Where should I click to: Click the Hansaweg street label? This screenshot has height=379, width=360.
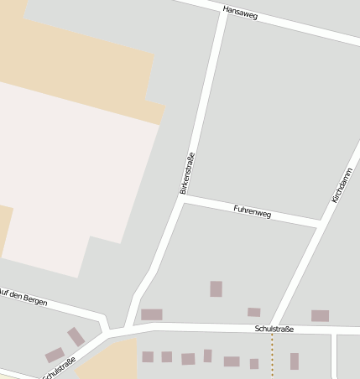pos(241,12)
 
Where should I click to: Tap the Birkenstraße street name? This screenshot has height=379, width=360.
pos(187,174)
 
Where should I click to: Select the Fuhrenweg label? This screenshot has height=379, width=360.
pos(253,214)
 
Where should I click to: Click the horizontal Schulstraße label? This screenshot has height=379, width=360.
pos(274,330)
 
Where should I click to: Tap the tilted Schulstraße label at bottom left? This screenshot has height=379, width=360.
pos(59,367)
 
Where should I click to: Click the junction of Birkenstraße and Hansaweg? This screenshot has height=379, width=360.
pos(224,11)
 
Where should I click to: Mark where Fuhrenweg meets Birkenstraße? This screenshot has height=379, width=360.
pos(184,199)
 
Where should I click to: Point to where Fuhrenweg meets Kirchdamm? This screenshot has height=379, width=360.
pos(320,224)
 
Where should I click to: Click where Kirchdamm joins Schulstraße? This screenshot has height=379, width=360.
pos(273,325)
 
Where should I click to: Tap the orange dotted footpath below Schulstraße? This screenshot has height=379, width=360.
pos(272,352)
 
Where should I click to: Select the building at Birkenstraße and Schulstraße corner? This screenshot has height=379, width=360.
pos(152,314)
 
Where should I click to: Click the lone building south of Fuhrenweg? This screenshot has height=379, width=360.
pos(216,288)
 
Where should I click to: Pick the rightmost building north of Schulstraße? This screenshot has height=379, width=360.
pos(320,315)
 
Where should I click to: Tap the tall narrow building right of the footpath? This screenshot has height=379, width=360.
pos(295,361)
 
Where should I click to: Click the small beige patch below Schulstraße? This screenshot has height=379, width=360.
pos(110,361)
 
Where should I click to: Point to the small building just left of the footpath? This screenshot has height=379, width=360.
pos(254,364)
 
